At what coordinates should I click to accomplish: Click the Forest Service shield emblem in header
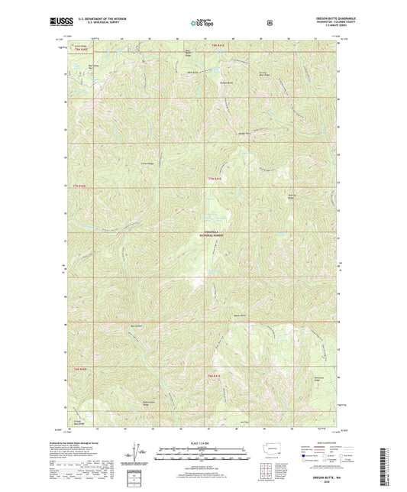point(270,21)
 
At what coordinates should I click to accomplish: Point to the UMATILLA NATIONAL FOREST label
point(202,237)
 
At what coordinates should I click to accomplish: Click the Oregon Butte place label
point(226,82)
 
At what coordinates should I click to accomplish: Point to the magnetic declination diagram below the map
point(136,457)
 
